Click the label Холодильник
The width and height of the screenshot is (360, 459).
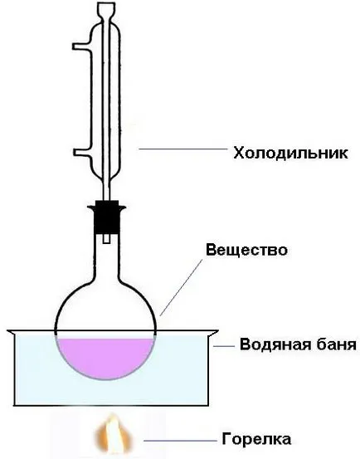(290, 153)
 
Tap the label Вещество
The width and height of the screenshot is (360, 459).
(247, 250)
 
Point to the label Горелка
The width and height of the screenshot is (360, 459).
(256, 439)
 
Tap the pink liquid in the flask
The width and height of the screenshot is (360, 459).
(105, 357)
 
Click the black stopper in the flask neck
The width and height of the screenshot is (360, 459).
(107, 217)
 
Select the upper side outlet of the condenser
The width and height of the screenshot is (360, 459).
(82, 46)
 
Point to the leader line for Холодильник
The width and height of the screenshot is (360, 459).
(183, 149)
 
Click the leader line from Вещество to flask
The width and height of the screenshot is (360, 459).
(181, 287)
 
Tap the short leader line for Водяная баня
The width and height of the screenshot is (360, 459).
(224, 346)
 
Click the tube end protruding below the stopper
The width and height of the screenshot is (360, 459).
(107, 238)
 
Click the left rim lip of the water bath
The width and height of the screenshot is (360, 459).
(11, 332)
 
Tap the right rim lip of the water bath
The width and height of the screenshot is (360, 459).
(213, 332)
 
